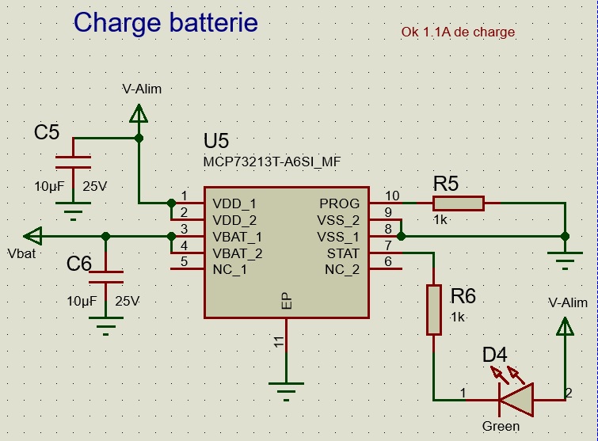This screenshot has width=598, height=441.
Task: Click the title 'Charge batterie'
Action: click(166, 22)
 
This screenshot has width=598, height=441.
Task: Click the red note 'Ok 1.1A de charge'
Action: click(459, 32)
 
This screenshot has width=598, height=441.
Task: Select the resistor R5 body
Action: click(458, 203)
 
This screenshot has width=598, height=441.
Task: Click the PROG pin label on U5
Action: click(339, 203)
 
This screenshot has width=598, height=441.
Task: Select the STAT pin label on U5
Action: click(343, 253)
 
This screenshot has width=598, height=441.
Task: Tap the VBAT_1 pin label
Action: click(238, 237)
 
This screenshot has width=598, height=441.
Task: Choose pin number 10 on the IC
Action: click(391, 196)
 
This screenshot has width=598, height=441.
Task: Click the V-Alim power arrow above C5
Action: click(139, 115)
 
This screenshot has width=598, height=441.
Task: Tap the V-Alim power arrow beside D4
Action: click(566, 327)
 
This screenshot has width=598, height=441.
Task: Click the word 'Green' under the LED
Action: click(501, 427)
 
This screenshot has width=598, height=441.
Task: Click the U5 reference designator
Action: click(216, 142)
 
